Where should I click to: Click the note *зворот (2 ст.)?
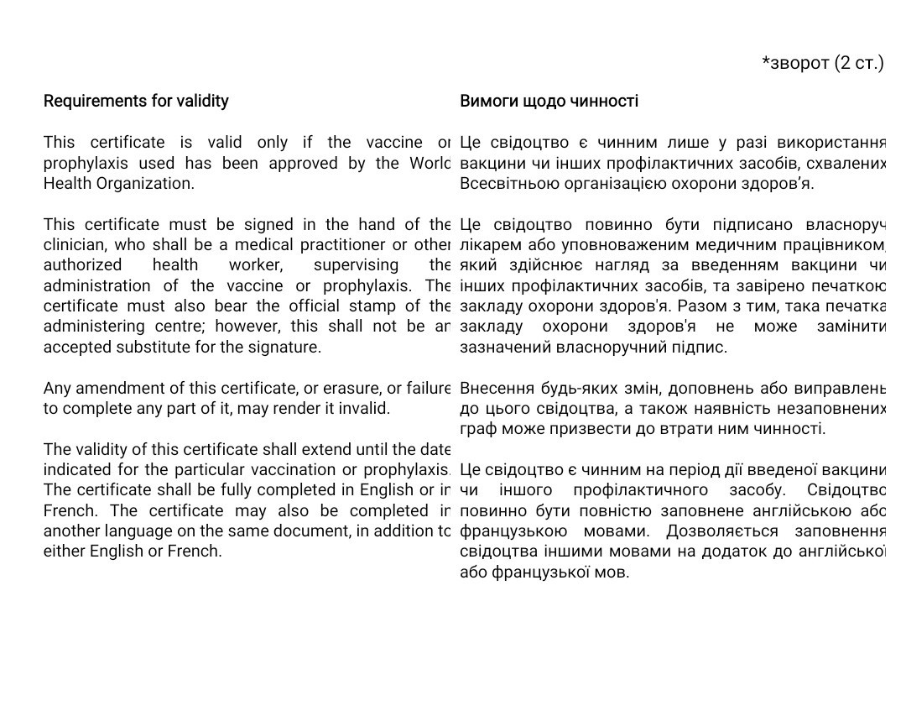822,63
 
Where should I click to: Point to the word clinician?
75,245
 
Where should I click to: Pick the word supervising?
356,265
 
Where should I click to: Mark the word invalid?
365,409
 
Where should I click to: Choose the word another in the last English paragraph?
72,531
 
